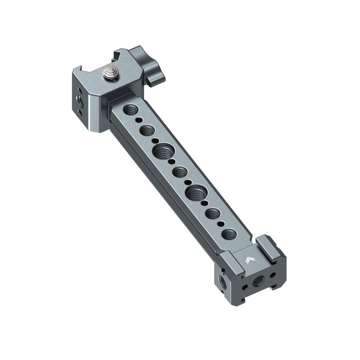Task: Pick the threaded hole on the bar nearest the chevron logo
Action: [229, 234]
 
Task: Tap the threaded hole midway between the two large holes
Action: [180, 172]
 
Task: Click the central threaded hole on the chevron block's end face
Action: [258, 281]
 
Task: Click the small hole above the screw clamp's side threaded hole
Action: [80, 91]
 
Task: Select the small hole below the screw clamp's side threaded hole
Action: [81, 113]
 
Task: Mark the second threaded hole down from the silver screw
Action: [147, 131]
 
